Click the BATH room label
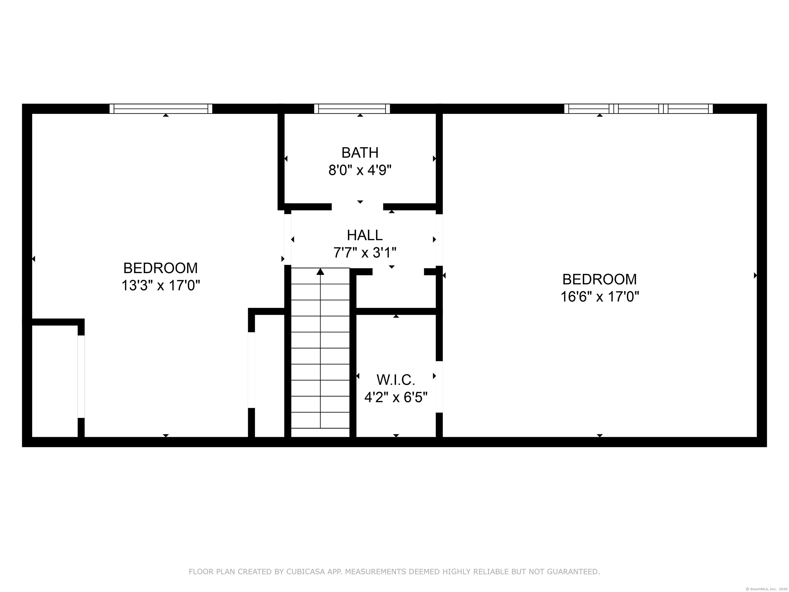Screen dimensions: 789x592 click(x=360, y=153)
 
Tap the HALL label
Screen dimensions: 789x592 click(x=364, y=235)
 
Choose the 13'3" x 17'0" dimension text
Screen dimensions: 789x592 click(x=161, y=285)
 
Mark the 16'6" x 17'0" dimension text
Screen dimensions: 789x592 click(x=600, y=297)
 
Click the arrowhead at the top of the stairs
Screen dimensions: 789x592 click(x=320, y=272)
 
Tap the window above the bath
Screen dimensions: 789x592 click(x=352, y=108)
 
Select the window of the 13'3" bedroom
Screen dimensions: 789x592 click(x=161, y=108)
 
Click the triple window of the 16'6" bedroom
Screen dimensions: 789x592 click(x=638, y=108)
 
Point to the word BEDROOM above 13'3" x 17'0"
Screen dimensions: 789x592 click(x=161, y=268)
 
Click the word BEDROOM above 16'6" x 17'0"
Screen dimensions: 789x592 click(x=600, y=279)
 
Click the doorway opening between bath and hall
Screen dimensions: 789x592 click(x=358, y=207)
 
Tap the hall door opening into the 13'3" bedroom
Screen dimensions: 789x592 click(x=287, y=239)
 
